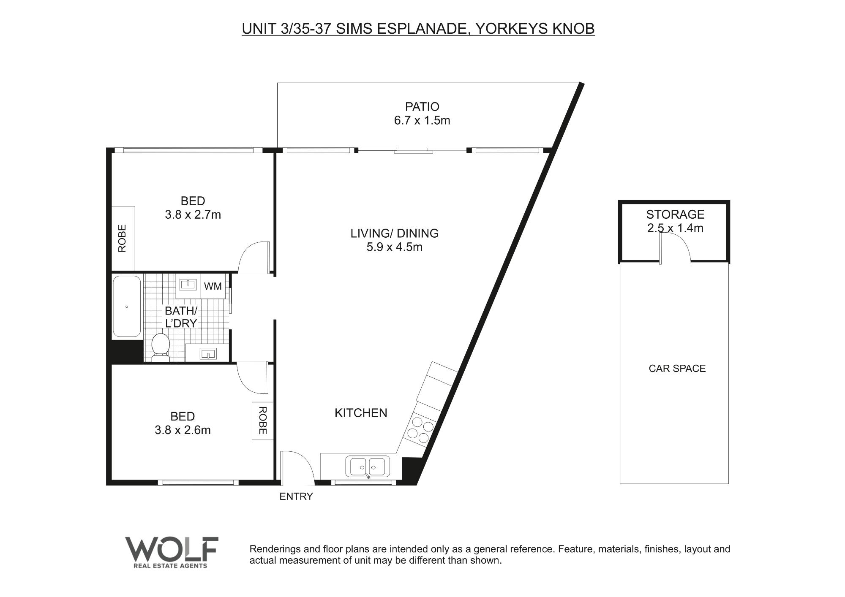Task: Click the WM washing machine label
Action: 213,286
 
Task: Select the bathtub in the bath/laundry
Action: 127,307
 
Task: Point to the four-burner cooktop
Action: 420,429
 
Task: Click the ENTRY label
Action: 296,497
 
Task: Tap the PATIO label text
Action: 422,107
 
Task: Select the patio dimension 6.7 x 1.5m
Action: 422,121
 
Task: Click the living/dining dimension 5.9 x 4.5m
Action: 395,247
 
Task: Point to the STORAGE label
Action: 675,214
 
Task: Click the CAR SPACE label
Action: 677,369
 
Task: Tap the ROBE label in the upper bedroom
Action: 122,239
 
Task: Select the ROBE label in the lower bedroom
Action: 262,421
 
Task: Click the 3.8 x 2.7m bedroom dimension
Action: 193,215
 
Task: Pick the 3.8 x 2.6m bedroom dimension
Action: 183,430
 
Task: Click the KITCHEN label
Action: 361,413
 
